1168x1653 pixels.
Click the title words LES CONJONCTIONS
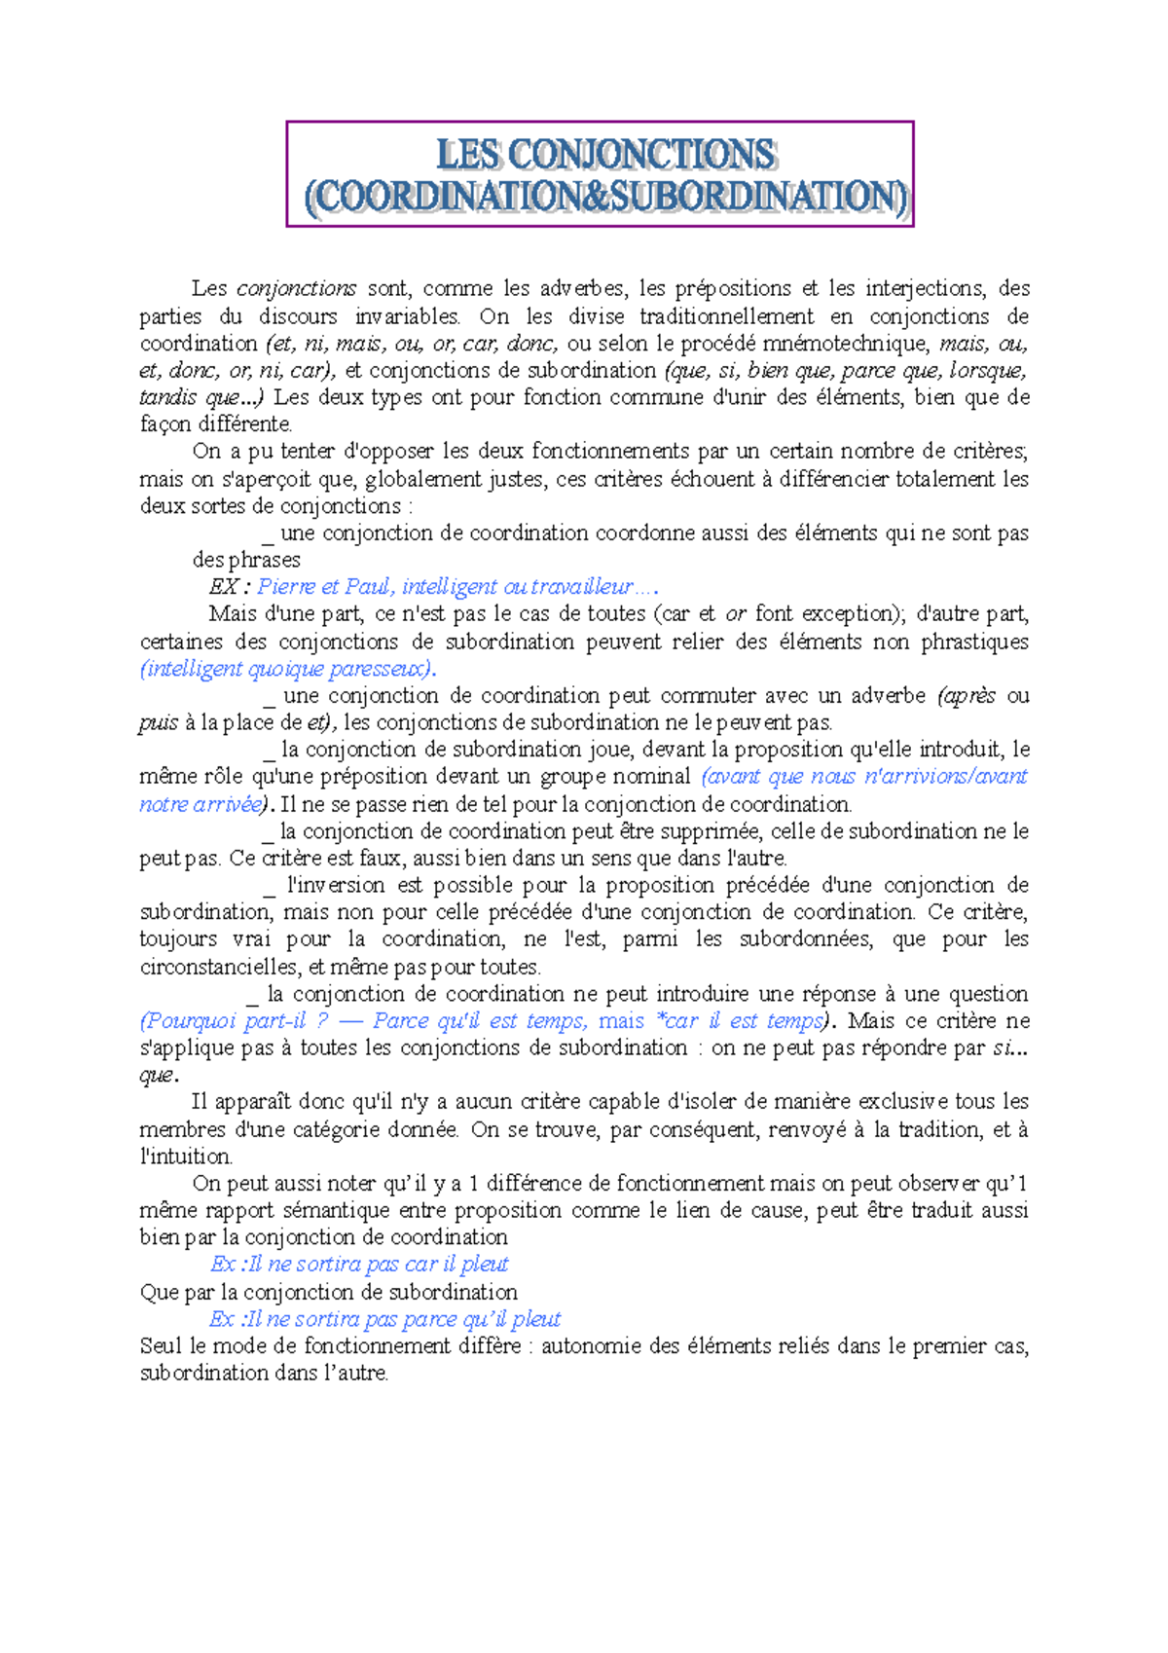coord(605,155)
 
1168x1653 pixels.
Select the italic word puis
coord(158,722)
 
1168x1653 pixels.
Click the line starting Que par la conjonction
coord(328,1292)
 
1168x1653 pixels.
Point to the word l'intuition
coord(186,1157)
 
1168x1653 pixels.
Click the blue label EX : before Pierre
coord(230,586)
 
